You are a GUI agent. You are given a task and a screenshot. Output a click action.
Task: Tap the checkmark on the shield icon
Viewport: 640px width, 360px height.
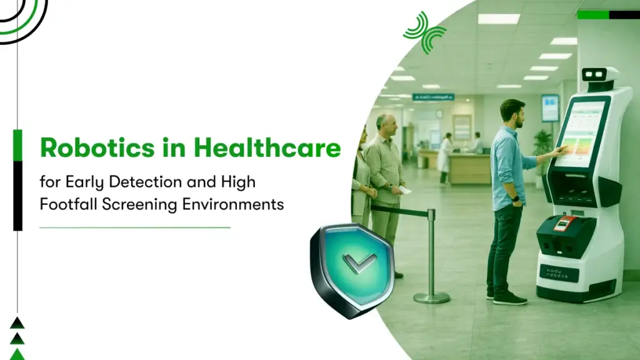click(360, 262)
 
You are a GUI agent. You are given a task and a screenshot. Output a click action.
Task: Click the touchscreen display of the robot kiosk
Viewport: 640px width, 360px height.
click(583, 134)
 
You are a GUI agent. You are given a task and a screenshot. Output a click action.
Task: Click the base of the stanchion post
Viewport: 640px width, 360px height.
click(431, 297)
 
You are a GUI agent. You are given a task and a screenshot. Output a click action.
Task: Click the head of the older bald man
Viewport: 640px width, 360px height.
click(386, 123)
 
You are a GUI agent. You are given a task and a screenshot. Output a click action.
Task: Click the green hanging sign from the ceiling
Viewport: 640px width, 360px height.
click(433, 97)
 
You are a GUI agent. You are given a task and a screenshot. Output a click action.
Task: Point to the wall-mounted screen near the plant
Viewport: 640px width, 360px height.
click(550, 107)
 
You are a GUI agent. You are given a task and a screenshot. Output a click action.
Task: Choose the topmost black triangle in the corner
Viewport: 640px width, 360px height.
click(17, 322)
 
